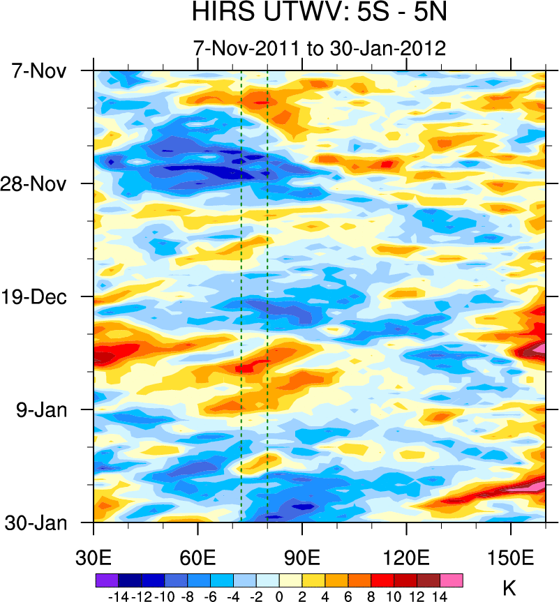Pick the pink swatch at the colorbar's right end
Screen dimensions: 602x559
(452, 580)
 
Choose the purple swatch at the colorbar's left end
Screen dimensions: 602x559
(107, 580)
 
